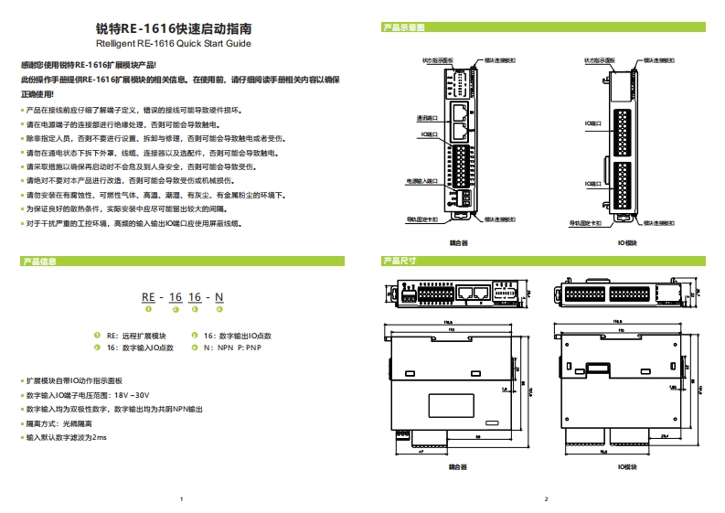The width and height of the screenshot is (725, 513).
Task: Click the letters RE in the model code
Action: [x=148, y=298]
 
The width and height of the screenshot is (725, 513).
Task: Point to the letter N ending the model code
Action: [x=218, y=298]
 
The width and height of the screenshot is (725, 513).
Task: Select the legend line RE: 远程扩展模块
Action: [x=136, y=337]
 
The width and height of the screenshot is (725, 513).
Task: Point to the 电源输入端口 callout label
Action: [x=421, y=182]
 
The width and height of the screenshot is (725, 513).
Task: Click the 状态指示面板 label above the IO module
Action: [x=601, y=59]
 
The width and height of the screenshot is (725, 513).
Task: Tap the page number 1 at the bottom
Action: [x=182, y=499]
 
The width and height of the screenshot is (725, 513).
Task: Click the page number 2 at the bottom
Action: [x=545, y=499]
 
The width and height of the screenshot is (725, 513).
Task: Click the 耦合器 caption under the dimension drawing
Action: [x=458, y=466]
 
